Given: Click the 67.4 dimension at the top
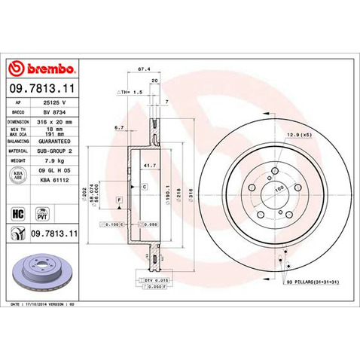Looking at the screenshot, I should coord(141,70).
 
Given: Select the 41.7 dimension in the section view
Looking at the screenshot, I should coord(149,163).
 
